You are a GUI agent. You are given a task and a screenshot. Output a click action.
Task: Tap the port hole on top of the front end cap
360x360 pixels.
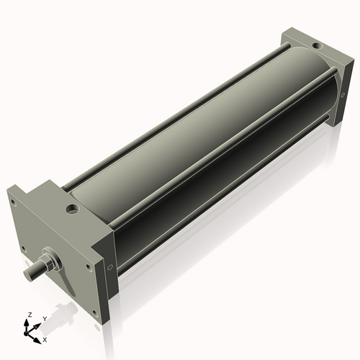[72, 210]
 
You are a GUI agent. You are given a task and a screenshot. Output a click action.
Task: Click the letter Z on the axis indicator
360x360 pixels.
[29, 315]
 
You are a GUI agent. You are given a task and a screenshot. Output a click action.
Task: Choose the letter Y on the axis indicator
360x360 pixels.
[45, 318]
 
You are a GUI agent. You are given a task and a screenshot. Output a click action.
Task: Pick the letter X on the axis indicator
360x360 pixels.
[45, 338]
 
